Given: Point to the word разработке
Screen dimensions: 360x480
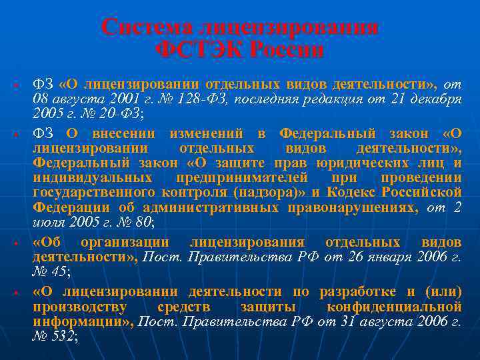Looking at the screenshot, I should coord(359,291).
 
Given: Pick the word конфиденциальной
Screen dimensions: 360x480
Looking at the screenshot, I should coord(394,307).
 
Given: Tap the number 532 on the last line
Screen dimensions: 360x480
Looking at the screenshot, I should coord(63,337).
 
